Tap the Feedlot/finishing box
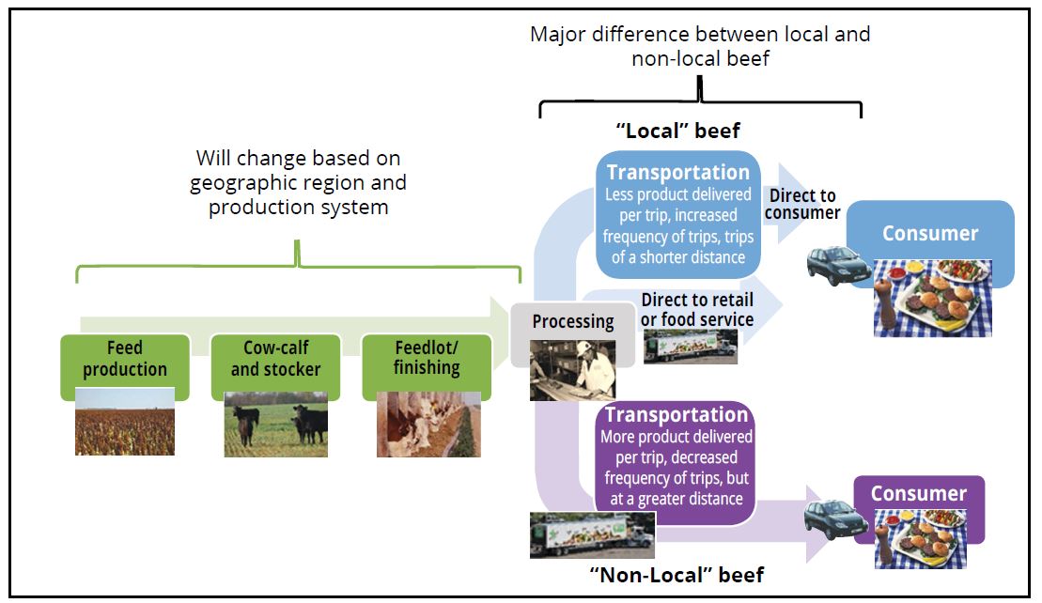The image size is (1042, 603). [x=426, y=358]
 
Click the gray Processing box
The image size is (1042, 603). [x=572, y=321]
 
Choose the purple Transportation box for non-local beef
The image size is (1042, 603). [x=677, y=456]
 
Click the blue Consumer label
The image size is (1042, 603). [x=929, y=234]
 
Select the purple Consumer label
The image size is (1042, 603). [x=918, y=493]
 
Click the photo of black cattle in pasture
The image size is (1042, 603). [x=275, y=425]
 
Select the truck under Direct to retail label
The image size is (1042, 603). [x=690, y=347]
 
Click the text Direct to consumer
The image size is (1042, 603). [x=803, y=205]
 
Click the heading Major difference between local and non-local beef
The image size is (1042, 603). [x=700, y=46]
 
